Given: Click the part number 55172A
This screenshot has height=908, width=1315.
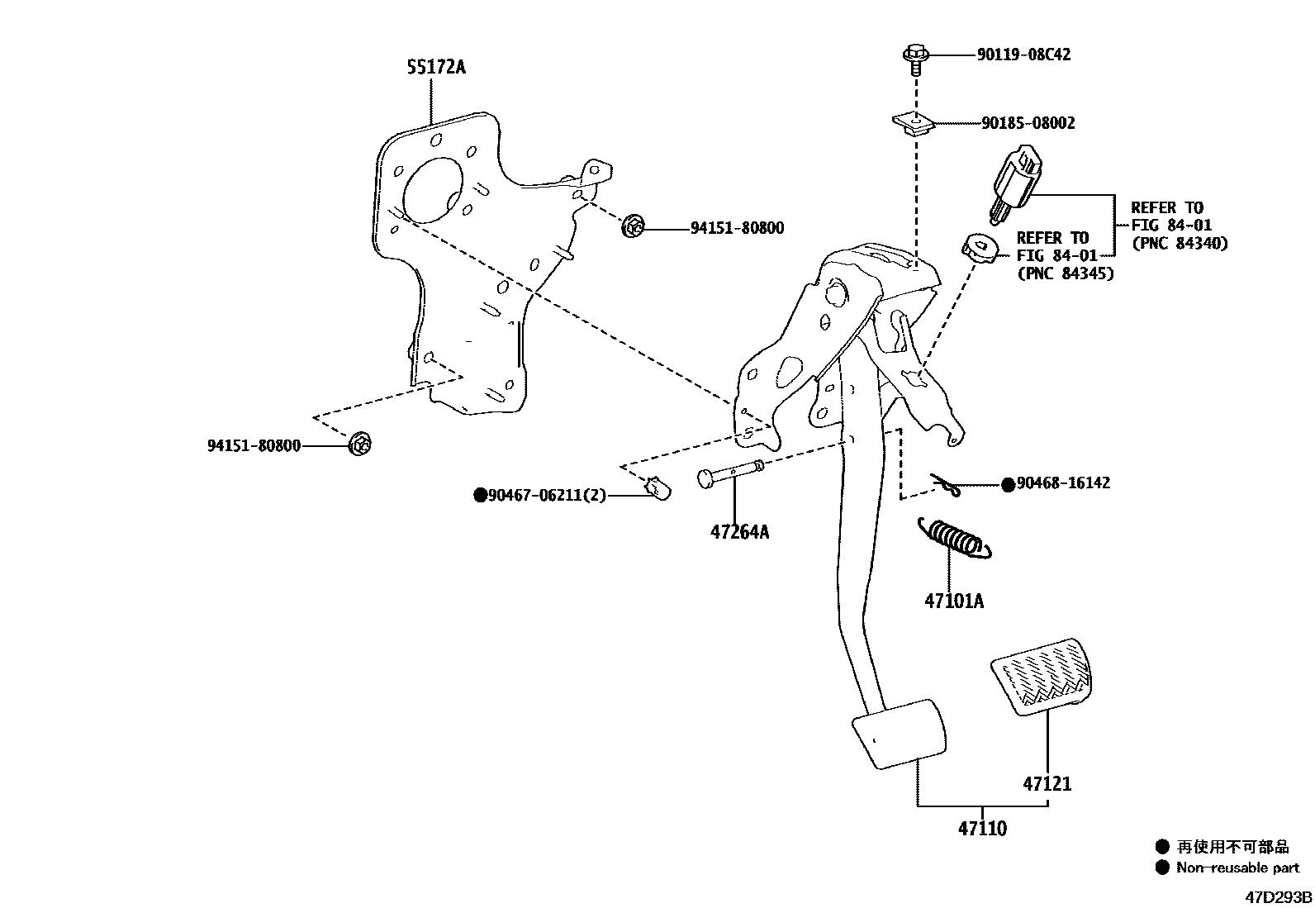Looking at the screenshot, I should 435,67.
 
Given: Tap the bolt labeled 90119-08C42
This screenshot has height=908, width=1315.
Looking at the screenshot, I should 914,57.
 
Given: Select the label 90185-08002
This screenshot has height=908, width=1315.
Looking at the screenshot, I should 1028,123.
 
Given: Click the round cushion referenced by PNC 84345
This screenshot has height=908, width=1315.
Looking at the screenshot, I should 978,248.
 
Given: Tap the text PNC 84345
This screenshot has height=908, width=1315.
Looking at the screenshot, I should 1065,273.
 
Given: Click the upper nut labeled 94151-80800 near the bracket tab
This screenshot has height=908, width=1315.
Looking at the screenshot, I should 634,225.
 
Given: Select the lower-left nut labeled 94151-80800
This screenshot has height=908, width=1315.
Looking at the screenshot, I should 359,444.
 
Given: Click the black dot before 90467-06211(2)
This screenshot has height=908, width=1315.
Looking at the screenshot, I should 480,495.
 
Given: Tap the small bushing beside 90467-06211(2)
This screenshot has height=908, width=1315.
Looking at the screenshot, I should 657,489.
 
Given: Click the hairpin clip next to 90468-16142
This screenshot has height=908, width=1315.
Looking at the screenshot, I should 946,486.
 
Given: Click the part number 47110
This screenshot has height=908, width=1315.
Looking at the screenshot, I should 982,828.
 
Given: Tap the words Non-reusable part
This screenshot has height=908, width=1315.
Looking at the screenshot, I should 1237,868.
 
